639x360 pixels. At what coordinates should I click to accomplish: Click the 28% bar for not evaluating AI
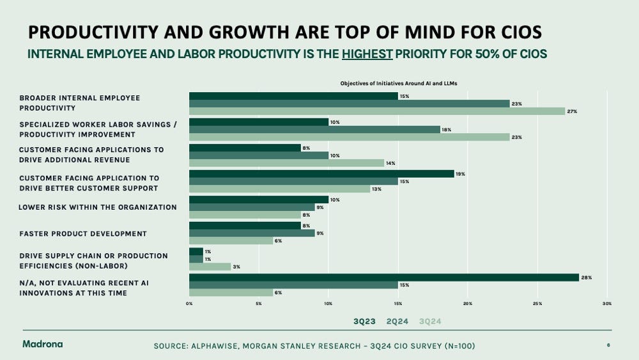click(x=383, y=277)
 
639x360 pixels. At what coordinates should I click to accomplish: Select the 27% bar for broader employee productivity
click(x=377, y=111)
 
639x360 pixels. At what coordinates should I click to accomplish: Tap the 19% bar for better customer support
click(x=321, y=173)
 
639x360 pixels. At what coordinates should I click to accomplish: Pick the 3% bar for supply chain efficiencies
click(x=210, y=267)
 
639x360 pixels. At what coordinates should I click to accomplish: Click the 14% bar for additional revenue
click(x=286, y=163)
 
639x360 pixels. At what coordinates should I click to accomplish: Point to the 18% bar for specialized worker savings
click(x=314, y=129)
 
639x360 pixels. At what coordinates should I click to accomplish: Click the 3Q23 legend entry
click(x=364, y=322)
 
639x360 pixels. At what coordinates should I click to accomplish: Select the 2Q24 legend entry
click(x=397, y=322)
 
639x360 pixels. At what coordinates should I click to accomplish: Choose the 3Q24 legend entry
click(x=430, y=322)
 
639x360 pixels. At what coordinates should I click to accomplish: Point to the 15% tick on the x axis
click(x=397, y=304)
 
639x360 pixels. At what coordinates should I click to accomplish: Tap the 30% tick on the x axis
click(x=607, y=304)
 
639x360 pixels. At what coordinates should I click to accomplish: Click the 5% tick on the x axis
click(x=258, y=304)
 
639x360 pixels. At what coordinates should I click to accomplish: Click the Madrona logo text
click(x=42, y=344)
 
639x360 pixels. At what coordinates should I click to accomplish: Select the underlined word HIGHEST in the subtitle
click(x=367, y=54)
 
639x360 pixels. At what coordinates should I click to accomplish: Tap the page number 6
click(x=608, y=345)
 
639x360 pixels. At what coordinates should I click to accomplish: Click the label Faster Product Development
click(x=83, y=233)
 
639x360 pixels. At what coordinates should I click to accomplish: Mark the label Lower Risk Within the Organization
click(x=97, y=207)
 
